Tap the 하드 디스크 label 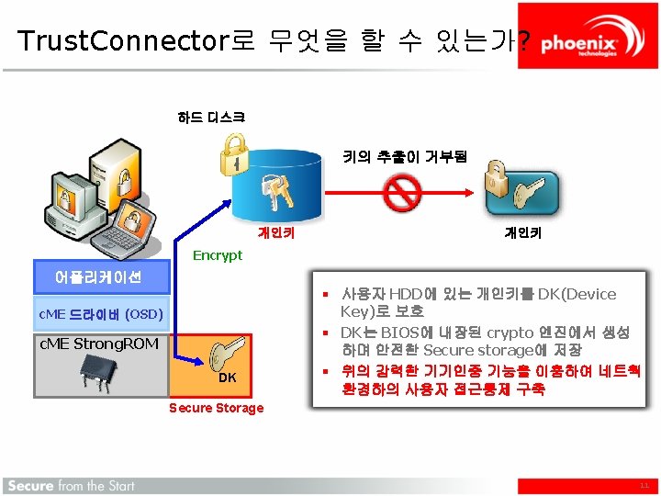click(211, 117)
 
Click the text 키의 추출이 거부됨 click(405, 157)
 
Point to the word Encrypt click(218, 255)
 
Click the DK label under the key click(228, 378)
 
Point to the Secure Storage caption click(217, 408)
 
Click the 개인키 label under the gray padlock click(522, 233)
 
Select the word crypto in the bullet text click(510, 333)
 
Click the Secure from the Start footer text click(70, 485)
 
